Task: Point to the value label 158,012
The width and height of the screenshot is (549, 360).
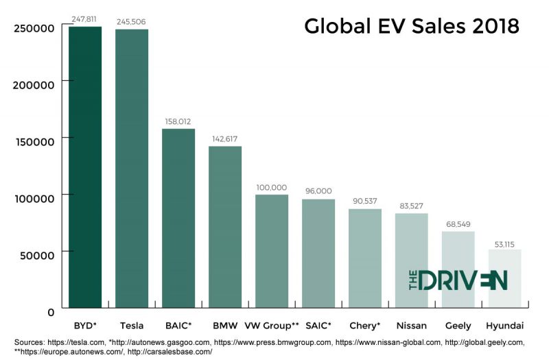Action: tap(178, 121)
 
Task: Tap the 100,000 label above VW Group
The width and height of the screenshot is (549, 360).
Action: tap(272, 187)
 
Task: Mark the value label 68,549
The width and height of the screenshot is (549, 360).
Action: tap(458, 224)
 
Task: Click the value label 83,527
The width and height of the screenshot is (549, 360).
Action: tap(411, 206)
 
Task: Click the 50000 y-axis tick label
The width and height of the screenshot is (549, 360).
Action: tap(38, 255)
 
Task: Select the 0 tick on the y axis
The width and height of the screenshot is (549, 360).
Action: tap(50, 312)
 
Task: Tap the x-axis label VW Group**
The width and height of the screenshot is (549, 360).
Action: tap(272, 324)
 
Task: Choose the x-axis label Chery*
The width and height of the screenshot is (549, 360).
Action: tap(365, 324)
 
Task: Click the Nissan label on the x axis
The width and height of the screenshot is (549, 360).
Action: tap(411, 324)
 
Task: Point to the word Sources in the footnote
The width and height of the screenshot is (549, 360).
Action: tap(30, 341)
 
